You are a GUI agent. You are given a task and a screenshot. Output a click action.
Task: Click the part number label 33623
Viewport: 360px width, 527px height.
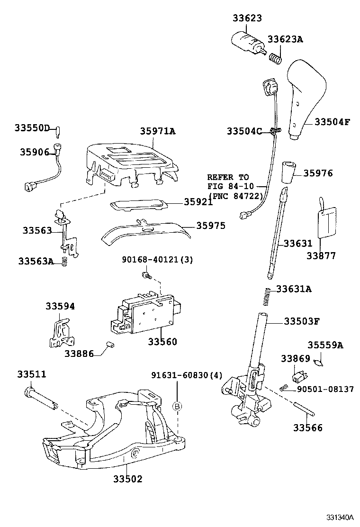pyautogui.click(x=247, y=18)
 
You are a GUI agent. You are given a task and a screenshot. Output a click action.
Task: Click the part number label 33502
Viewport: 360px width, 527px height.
pyautogui.click(x=127, y=479)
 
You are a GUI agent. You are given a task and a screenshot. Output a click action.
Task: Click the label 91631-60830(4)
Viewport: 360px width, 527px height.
pyautogui.click(x=180, y=375)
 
